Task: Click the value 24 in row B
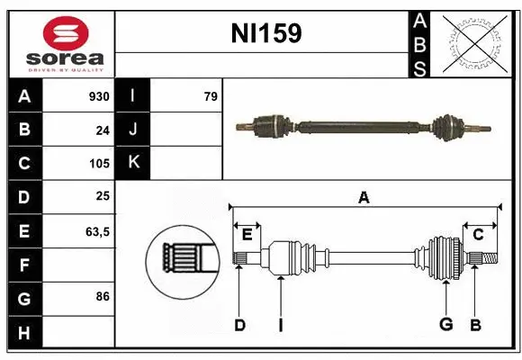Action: click(103, 130)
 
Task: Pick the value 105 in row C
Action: click(98, 164)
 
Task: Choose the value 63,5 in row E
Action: click(97, 231)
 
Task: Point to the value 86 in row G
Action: click(103, 295)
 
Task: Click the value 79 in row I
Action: click(210, 96)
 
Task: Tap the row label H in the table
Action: click(23, 332)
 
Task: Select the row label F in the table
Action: click(23, 265)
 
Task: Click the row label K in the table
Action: click(133, 163)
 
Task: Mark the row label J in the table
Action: click(133, 130)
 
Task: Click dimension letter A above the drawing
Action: click(364, 197)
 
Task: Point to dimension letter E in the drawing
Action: click(247, 234)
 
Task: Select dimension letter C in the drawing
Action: click(478, 234)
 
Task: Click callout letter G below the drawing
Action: click(445, 325)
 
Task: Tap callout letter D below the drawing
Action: click(239, 325)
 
